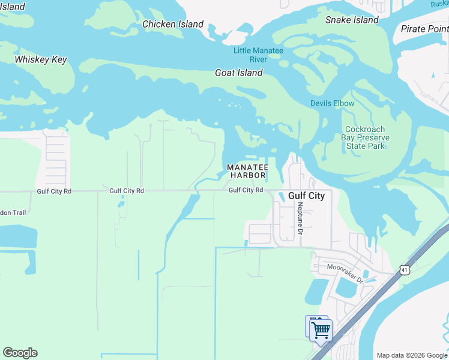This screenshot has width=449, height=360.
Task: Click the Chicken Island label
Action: point(173,25)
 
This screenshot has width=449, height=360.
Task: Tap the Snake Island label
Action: point(352,20)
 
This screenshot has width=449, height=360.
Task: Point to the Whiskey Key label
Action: point(41,60)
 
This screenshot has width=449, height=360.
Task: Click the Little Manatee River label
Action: point(258,55)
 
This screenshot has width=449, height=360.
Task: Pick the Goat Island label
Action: point(239,73)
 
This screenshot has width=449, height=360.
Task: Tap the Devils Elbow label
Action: point(332,103)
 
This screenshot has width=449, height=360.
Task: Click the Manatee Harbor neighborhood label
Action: point(247,171)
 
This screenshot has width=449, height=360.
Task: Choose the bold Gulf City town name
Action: point(306,196)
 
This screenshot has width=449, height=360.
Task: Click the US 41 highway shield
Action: point(405,271)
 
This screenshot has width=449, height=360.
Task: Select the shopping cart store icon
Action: point(321,330)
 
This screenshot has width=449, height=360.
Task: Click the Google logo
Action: point(20,353)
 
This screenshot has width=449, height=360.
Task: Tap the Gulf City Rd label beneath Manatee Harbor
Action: point(246,190)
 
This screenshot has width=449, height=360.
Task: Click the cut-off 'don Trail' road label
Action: point(16,212)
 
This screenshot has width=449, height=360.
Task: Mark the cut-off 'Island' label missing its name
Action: point(13,7)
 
